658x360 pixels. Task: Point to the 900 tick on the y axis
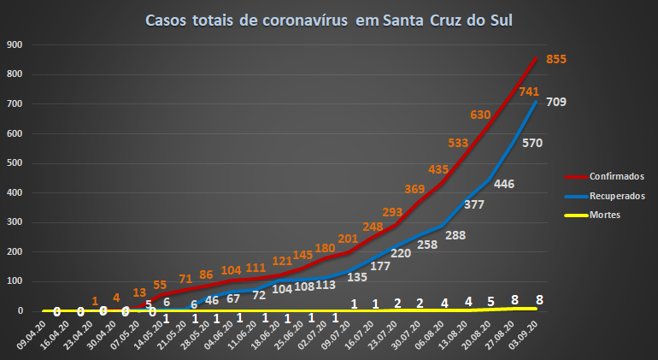click(x=15, y=44)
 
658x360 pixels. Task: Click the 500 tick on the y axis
click(x=15, y=163)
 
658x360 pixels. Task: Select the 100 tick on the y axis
click(x=15, y=281)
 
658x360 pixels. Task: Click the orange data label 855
click(x=556, y=59)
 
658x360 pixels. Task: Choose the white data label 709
click(x=556, y=103)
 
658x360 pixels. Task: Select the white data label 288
click(x=455, y=234)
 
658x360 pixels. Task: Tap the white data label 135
click(x=357, y=276)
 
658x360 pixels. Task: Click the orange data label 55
click(x=160, y=284)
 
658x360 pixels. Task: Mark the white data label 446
click(x=504, y=184)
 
